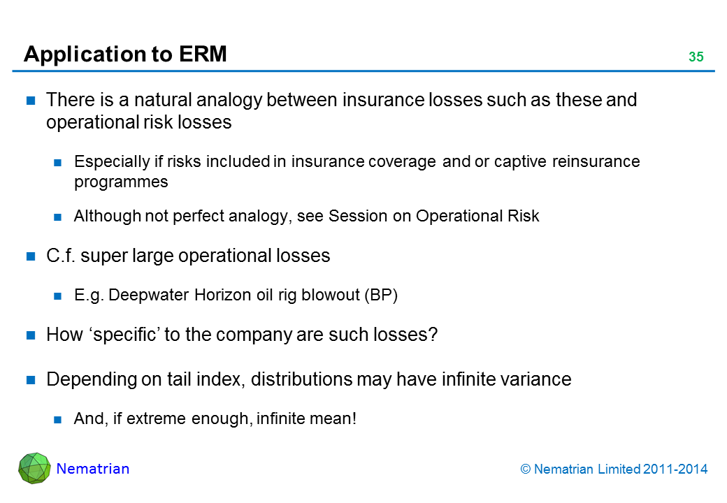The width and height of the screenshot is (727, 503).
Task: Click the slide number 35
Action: coord(696,57)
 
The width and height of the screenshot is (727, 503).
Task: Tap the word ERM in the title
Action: coord(203,54)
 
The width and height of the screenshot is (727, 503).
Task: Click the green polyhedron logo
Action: coord(34,468)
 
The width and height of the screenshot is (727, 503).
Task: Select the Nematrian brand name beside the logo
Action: coord(93,469)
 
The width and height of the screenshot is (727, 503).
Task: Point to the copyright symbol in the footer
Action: coord(525,469)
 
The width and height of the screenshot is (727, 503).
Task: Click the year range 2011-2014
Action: coord(675,469)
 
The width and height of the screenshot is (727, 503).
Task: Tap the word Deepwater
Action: coord(150,296)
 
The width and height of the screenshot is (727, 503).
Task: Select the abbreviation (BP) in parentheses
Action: coord(381,295)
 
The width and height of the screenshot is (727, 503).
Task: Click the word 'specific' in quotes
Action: coord(127,335)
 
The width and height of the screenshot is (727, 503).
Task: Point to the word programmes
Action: coord(121,182)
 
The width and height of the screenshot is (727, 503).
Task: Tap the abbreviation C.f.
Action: coord(61,256)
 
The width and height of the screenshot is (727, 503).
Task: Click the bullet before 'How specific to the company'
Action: coord(31,335)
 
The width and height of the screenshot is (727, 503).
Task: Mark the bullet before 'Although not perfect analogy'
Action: coord(57,217)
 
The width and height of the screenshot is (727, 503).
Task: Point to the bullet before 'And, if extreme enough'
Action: coord(57,420)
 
